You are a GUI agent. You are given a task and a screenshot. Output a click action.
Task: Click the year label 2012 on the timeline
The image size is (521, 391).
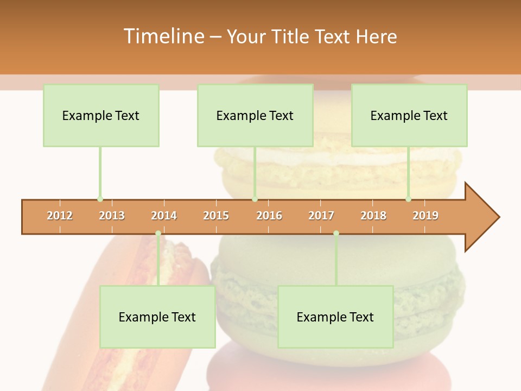(60, 216)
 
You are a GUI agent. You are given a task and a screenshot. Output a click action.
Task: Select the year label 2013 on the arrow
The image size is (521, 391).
(112, 216)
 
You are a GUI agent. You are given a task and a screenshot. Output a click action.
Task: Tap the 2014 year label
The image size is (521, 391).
(164, 216)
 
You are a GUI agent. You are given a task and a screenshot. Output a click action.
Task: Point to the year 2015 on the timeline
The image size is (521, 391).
(216, 216)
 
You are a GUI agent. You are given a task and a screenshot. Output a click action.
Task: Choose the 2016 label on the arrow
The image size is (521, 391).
(269, 216)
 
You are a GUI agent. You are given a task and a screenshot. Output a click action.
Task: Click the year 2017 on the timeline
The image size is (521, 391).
(321, 216)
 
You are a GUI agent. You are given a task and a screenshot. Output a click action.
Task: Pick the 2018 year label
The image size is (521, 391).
(373, 216)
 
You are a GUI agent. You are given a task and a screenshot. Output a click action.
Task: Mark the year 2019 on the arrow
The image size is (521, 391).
(425, 216)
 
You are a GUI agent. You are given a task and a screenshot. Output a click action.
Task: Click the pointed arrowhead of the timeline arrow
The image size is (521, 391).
(483, 217)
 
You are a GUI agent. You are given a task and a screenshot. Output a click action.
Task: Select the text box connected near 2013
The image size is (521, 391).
(101, 115)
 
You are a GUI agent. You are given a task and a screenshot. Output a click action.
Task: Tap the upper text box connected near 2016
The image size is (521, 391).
(255, 115)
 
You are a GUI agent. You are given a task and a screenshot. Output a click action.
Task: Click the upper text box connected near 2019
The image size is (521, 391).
(409, 115)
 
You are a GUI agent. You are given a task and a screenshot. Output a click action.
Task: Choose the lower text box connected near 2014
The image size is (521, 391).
(157, 317)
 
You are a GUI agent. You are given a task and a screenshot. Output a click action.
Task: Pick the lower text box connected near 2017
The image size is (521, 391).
(335, 317)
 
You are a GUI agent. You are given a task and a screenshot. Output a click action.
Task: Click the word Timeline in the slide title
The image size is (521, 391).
(163, 36)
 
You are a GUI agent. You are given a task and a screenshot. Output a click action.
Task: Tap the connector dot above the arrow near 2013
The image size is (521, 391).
(100, 199)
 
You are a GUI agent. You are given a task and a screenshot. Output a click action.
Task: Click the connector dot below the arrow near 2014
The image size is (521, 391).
(158, 233)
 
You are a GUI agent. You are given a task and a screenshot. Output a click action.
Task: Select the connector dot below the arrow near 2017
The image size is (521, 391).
(336, 233)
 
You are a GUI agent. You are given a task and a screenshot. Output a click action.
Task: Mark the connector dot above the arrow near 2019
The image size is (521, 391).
(409, 199)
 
